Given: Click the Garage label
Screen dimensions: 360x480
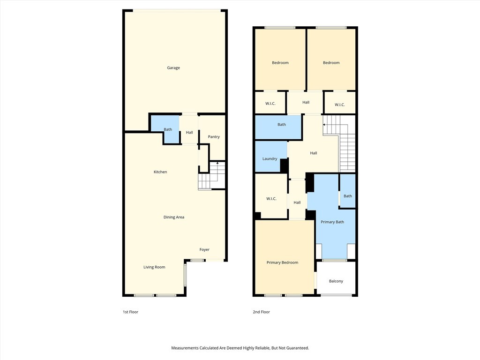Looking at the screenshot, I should (173, 68).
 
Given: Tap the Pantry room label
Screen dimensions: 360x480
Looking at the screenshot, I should (214, 137).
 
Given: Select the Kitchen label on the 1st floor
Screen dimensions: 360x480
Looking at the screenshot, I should (160, 172).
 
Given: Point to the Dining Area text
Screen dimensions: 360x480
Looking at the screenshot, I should (173, 217).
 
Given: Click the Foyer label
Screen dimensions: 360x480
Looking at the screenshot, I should (204, 250).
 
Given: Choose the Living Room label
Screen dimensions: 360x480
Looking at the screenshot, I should (154, 267).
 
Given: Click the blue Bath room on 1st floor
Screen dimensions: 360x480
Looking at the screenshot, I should (167, 129).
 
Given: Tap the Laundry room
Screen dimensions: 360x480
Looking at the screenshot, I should (270, 159).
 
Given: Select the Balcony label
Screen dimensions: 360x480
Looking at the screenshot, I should (336, 281).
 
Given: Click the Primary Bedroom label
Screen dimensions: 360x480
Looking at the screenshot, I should (282, 262).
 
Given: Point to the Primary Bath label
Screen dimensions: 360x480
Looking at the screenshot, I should (332, 222).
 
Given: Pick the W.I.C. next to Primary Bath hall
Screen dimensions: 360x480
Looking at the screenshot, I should (271, 199).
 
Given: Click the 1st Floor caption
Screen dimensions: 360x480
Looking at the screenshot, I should (130, 312).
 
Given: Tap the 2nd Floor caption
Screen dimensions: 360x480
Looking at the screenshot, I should (262, 312).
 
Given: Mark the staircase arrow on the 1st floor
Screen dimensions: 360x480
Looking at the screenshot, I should (217, 162).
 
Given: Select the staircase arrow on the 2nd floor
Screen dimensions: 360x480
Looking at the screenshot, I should (324, 125).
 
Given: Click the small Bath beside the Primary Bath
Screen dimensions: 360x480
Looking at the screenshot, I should (348, 196).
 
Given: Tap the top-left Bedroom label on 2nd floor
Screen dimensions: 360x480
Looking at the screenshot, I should (280, 63).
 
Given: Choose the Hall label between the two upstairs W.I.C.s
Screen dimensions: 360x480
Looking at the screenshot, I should (306, 102).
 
